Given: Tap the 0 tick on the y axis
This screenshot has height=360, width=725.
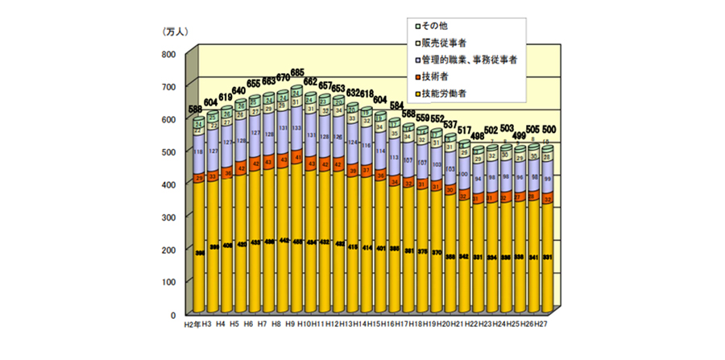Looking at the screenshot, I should pyautogui.click(x=172, y=314).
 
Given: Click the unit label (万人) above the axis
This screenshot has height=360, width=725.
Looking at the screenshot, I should pyautogui.click(x=175, y=31).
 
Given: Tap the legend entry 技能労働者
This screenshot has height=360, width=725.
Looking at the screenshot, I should pyautogui.click(x=443, y=93).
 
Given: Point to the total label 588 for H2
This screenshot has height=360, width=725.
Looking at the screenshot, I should pyautogui.click(x=196, y=110).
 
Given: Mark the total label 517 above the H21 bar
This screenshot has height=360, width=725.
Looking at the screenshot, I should pyautogui.click(x=463, y=130).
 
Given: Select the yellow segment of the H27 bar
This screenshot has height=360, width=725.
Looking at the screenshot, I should pyautogui.click(x=547, y=258).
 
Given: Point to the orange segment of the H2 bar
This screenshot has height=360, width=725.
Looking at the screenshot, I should pyautogui.click(x=197, y=178).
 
